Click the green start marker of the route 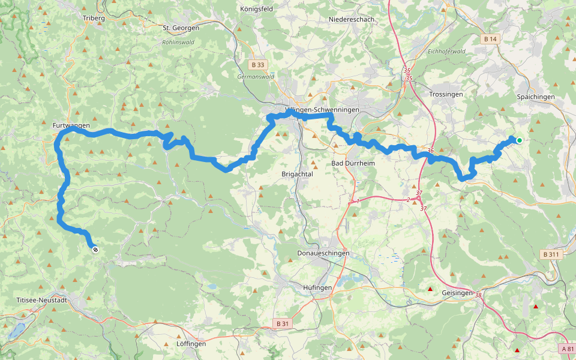point(519,140)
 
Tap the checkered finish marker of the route point(95,248)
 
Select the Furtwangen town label point(71,125)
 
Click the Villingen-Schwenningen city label point(322,110)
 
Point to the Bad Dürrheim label point(352,163)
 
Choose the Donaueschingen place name point(323,253)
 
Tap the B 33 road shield point(258,64)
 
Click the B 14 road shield point(490,39)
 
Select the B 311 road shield point(551,254)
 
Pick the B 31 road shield point(282,323)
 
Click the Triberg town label point(94,19)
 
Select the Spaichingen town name point(535,97)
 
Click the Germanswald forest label point(256,77)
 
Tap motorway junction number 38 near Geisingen point(478,295)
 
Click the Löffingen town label point(191,344)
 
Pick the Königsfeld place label point(257,10)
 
